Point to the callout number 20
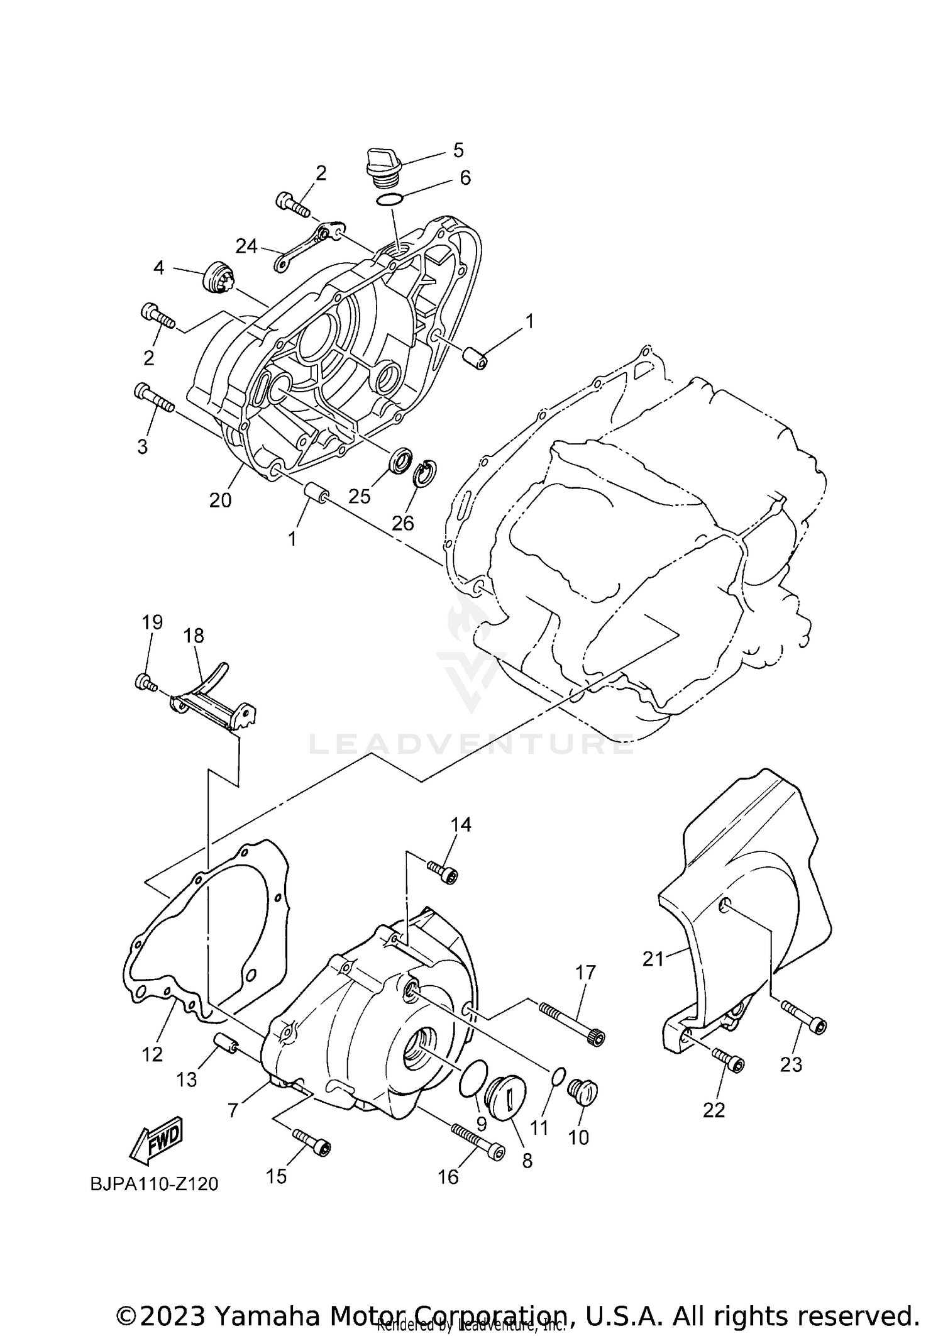221,500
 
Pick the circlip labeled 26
426,473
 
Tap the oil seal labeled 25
400,460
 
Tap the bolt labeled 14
443,872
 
